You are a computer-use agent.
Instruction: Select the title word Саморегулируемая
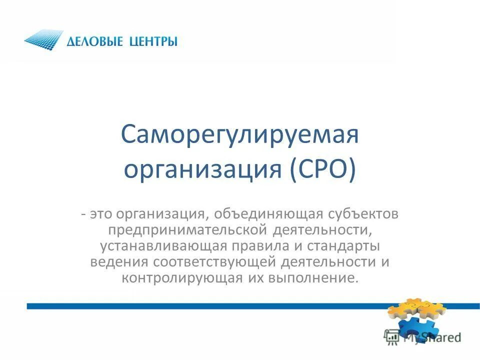pyautogui.click(x=240, y=135)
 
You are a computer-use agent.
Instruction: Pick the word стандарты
pyautogui.click(x=342, y=246)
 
